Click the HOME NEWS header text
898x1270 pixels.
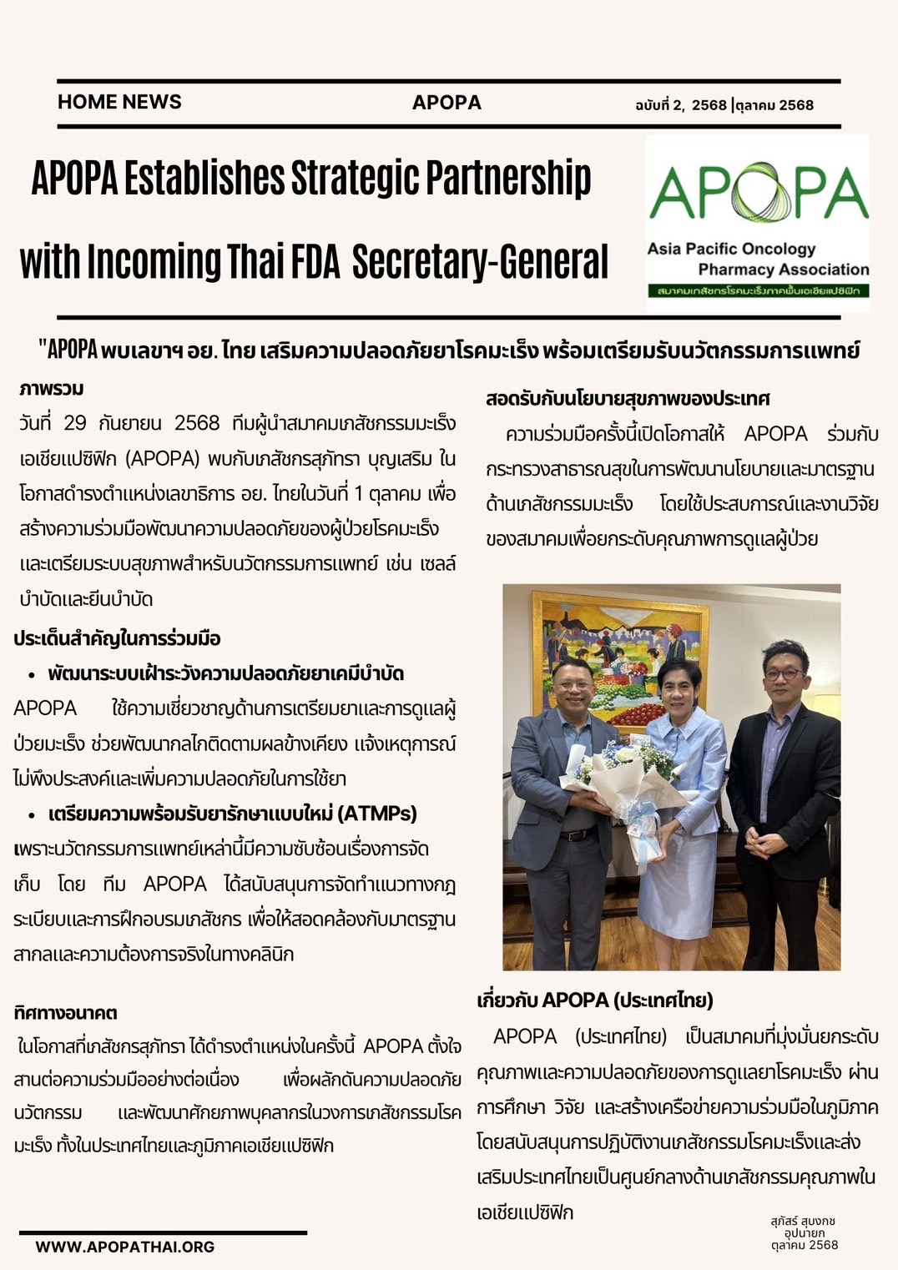[x=119, y=102]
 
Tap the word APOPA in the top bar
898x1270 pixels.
[x=446, y=103]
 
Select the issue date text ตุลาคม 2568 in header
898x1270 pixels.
[x=775, y=105]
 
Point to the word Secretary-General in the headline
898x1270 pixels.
[x=480, y=261]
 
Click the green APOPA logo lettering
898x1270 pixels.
[x=758, y=194]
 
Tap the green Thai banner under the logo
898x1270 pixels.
[x=758, y=291]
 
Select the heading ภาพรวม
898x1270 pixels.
[x=52, y=389]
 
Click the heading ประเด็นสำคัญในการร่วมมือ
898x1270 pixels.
[x=117, y=639]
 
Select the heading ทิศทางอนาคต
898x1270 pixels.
[x=65, y=1013]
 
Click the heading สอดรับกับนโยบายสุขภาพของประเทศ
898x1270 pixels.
[x=628, y=398]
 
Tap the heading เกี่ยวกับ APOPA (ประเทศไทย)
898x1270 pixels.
[x=594, y=1000]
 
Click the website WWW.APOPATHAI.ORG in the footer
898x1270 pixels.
[x=125, y=1247]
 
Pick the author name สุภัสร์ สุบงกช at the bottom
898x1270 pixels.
[x=803, y=1221]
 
